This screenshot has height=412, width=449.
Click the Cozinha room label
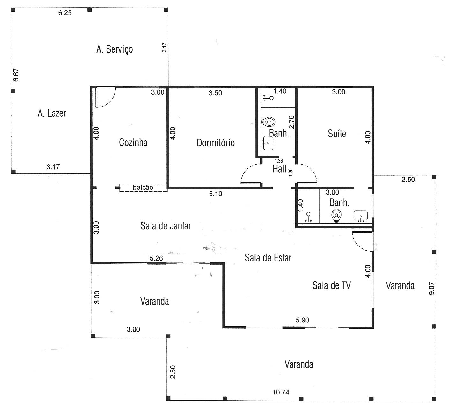tap(133, 143)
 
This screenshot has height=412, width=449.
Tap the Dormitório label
tap(216, 143)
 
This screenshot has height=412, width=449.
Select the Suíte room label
tap(337, 133)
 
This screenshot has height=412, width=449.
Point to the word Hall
tap(279, 169)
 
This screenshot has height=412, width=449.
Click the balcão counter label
tap(143, 187)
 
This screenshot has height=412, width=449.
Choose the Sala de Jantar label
tap(166, 226)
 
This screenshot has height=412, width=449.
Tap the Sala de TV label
tap(332, 285)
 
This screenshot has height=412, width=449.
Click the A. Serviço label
tap(114, 49)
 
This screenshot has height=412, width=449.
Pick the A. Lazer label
tap(52, 113)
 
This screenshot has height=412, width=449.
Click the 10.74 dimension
tap(281, 392)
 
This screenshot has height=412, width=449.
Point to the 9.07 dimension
tap(431, 289)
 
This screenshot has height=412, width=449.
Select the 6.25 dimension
tap(65, 13)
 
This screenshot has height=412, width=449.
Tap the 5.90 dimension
tap(302, 320)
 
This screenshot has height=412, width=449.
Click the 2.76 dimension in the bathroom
tap(291, 122)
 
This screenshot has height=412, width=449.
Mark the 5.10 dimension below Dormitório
tap(216, 194)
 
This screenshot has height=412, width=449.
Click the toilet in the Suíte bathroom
tap(336, 215)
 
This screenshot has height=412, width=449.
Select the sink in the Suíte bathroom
tap(361, 216)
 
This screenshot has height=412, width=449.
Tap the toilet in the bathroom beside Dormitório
tap(268, 122)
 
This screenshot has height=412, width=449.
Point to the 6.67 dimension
tap(16, 75)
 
